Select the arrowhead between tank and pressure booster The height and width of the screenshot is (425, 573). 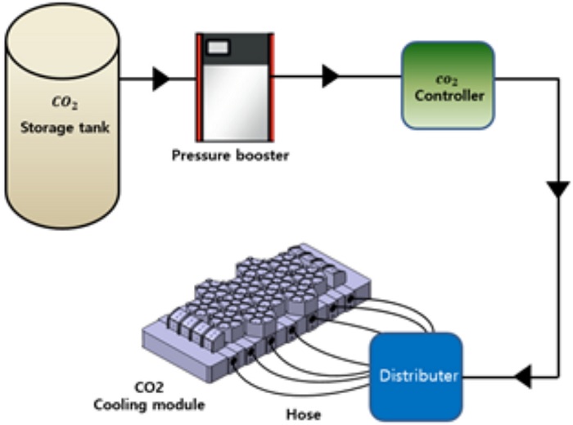click(162, 79)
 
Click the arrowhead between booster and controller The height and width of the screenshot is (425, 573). click(330, 77)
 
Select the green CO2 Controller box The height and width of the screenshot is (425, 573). click(447, 85)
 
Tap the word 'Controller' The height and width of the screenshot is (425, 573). click(449, 96)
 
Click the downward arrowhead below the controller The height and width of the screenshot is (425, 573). click(557, 189)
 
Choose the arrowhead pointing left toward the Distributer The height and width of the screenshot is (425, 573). click(521, 378)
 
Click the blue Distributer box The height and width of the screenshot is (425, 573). click(416, 376)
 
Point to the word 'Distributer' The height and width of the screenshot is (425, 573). click(417, 377)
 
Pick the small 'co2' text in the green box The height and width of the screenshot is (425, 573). click(447, 79)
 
